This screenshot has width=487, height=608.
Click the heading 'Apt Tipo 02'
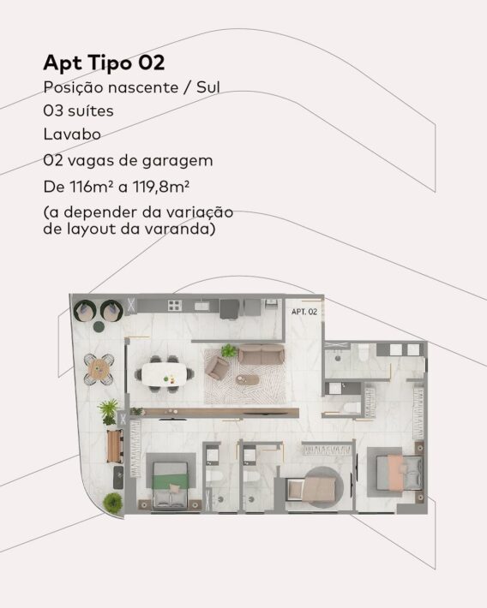click(x=104, y=63)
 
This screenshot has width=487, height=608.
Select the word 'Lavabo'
click(x=72, y=134)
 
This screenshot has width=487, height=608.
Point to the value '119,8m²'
click(x=161, y=187)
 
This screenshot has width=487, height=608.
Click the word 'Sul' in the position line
click(x=208, y=87)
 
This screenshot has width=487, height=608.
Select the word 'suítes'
click(x=91, y=111)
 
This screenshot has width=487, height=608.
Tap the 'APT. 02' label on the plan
click(x=304, y=312)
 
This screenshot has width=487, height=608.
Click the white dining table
click(x=163, y=375)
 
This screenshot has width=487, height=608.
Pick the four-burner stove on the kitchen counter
click(x=174, y=305)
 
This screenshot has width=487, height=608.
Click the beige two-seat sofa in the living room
click(x=261, y=354)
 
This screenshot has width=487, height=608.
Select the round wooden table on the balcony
click(x=99, y=370)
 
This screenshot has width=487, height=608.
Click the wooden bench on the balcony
click(x=115, y=445)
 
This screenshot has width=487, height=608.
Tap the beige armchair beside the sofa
click(x=217, y=367)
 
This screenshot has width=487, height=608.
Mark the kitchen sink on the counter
click(x=201, y=306)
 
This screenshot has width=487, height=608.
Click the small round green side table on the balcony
click(x=99, y=327)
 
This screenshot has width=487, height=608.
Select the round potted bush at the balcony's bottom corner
click(x=112, y=504)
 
